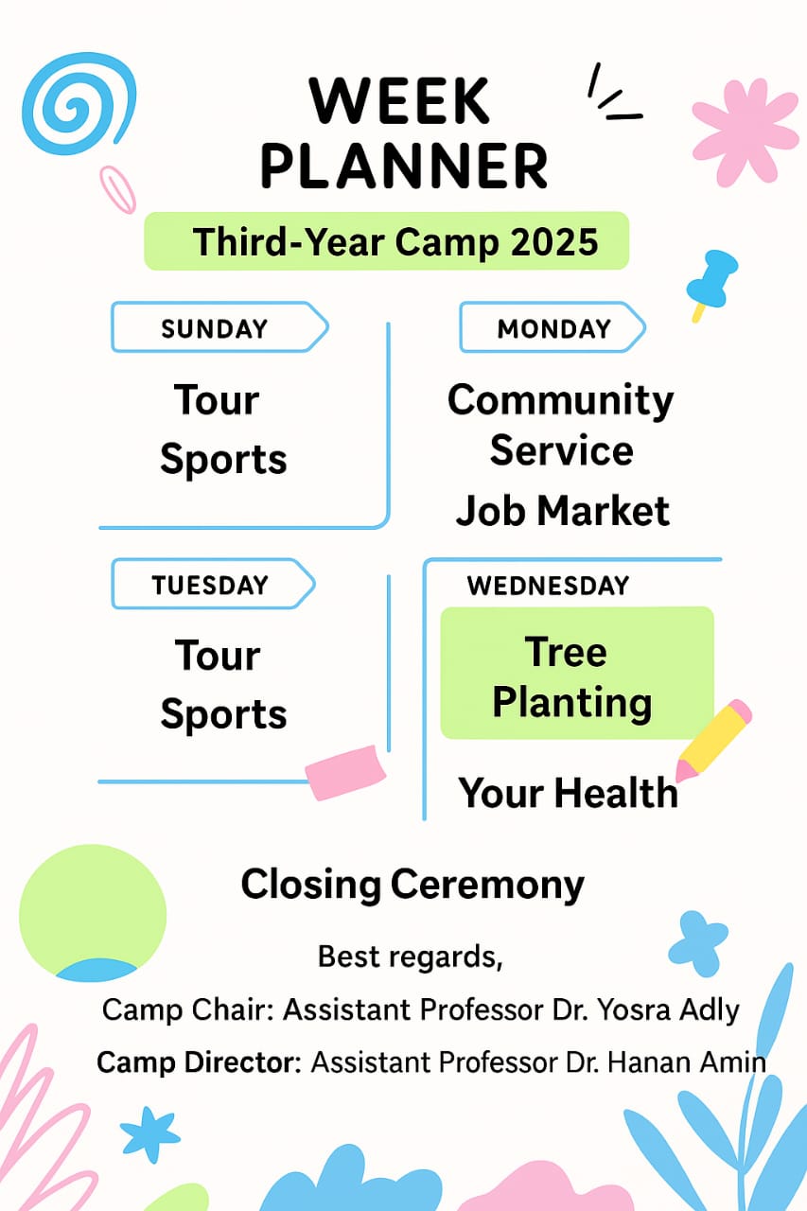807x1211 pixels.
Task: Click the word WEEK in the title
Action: pos(399,100)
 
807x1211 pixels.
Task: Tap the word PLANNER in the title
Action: pos(405,166)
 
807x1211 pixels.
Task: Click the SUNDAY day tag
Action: pos(219,327)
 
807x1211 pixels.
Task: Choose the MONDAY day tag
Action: pos(553,327)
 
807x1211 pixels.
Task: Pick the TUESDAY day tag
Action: pos(213,585)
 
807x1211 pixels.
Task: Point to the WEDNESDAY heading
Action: pos(548,586)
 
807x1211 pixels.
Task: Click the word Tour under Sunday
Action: pos(217,399)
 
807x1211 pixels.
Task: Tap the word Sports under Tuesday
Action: pos(223,714)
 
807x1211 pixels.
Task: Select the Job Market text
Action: pos(563,511)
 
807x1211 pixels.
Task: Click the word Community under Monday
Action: pos(560,400)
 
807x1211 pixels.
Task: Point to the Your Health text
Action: pos(568,793)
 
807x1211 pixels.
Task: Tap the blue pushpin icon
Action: pos(711,284)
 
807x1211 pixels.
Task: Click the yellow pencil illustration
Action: pos(713,740)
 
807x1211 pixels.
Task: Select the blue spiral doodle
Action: pos(79,103)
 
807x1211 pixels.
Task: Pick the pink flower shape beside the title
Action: pos(746,133)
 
